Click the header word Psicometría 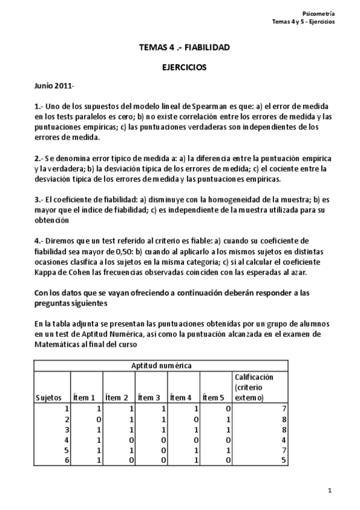click(319, 13)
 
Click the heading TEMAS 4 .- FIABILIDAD click(184, 47)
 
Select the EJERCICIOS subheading click(184, 68)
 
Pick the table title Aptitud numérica click(161, 366)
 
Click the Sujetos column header click(48, 398)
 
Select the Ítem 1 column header click(84, 398)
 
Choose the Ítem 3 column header click(149, 398)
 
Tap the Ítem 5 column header click(213, 398)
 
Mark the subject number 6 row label click(68, 461)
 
